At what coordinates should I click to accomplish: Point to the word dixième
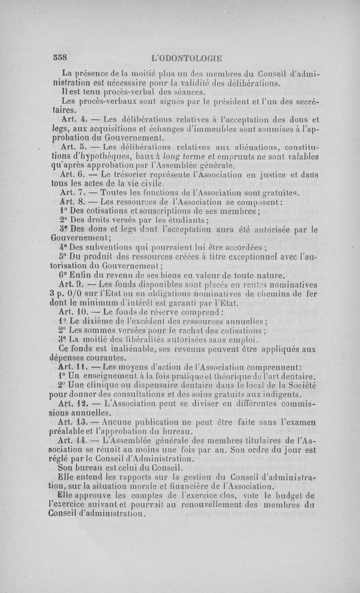(x=103, y=321)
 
